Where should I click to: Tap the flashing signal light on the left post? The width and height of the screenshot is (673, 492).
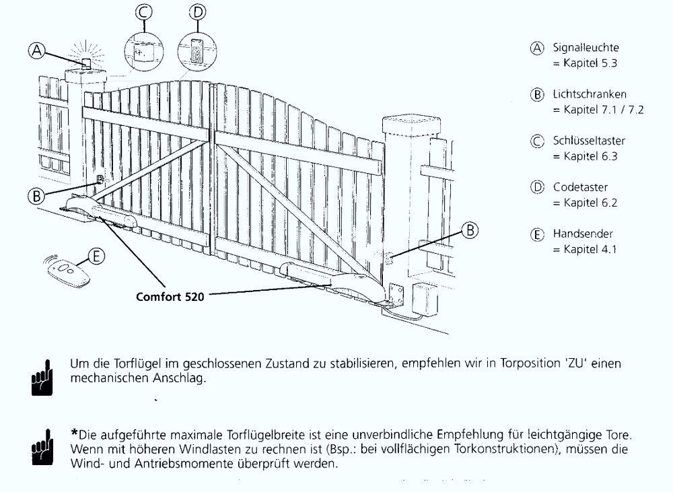coord(86,64)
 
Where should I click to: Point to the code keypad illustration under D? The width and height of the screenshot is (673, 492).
coord(197,50)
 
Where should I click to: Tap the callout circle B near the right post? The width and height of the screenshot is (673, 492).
coord(471,230)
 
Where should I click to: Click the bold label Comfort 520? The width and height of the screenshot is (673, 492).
coord(170,295)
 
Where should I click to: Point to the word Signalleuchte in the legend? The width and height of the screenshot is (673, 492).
coord(586,48)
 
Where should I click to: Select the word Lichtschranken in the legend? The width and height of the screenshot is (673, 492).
coord(590,95)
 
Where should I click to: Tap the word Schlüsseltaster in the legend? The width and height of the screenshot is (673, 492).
coord(589,141)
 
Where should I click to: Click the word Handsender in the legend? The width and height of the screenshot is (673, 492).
coord(583,234)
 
